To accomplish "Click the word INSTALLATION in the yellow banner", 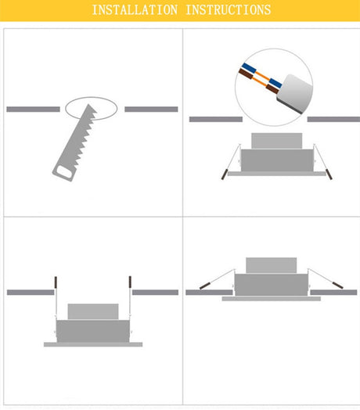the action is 135,10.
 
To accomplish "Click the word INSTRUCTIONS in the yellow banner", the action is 228,10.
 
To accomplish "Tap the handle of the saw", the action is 64,173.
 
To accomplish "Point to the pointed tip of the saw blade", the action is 89,105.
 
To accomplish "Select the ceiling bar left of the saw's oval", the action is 33,109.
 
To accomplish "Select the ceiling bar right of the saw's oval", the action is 151,109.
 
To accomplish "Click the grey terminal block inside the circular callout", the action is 296,93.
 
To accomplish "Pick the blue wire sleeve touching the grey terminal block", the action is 275,83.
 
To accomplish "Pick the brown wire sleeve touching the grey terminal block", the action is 272,89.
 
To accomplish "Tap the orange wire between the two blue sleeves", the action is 263,76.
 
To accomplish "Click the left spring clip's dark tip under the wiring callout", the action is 224,174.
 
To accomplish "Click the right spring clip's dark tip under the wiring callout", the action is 329,174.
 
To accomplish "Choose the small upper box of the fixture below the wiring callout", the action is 277,141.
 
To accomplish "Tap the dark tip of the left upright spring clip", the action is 56,282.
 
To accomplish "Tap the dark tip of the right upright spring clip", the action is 130,282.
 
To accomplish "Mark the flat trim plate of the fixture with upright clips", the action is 93,344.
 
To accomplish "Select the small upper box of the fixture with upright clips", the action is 93,311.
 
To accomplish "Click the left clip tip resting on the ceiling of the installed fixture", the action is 204,286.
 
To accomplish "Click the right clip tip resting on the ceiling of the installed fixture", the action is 338,285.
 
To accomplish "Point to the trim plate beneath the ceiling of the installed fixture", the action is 272,299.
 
